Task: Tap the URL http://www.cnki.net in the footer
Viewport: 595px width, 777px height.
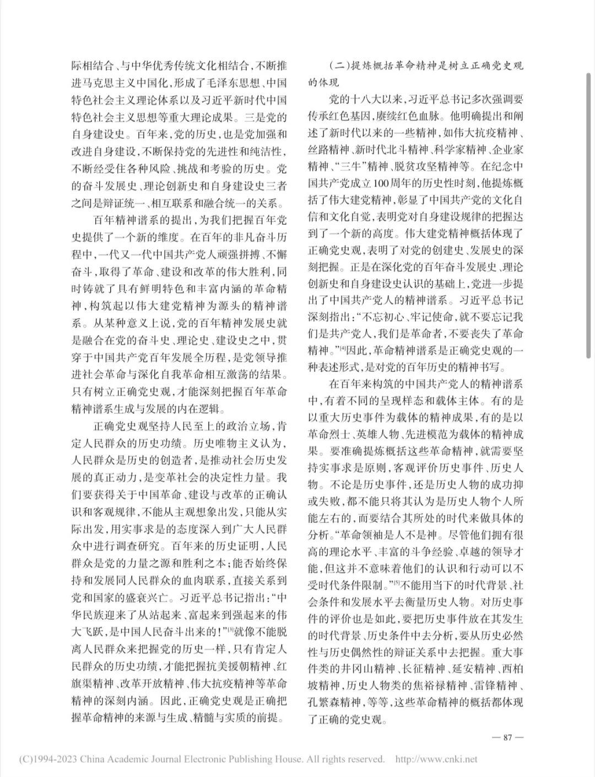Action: pyautogui.click(x=436, y=759)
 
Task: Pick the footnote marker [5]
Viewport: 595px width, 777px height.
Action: pyautogui.click(x=394, y=584)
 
